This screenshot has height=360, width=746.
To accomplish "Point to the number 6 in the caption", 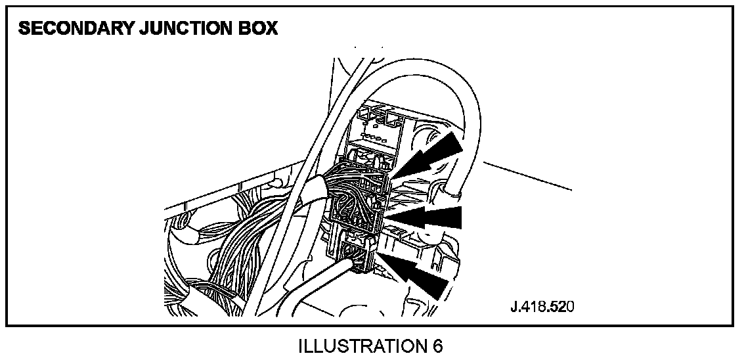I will point(437,346).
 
